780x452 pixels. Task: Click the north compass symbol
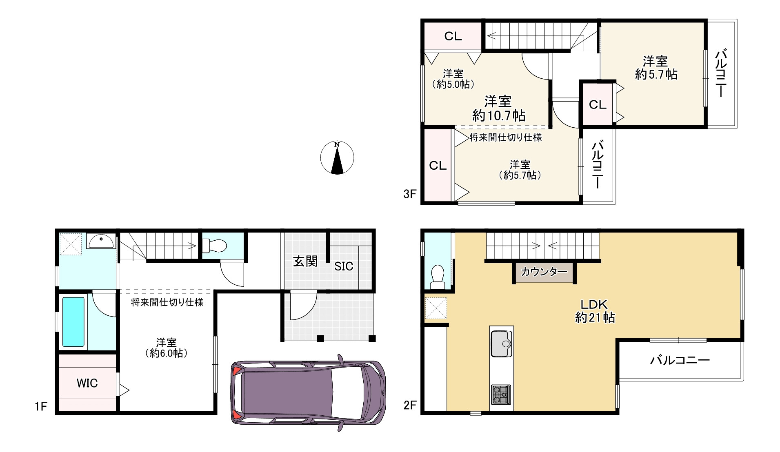tap(337, 158)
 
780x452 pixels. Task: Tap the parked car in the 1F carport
tap(308, 392)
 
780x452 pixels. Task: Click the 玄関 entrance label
tap(305, 261)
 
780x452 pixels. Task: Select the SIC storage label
tap(344, 266)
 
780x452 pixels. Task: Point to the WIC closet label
tap(87, 383)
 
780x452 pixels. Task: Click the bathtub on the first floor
tap(73, 322)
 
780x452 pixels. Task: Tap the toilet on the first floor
tap(214, 246)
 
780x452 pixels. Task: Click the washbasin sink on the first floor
tap(100, 242)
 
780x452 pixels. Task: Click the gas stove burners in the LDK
tap(501, 394)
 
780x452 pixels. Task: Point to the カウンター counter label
tap(544, 272)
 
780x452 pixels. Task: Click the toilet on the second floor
tap(438, 277)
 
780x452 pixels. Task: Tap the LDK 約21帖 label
tap(595, 311)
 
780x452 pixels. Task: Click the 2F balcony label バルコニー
tap(680, 360)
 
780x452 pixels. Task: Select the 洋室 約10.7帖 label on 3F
tap(498, 109)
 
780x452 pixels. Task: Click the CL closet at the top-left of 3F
tap(453, 36)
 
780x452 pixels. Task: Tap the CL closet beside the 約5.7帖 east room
tap(598, 105)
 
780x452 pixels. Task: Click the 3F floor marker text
tap(410, 194)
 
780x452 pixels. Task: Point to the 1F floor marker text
tap(41, 406)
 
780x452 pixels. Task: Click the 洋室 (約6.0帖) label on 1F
tap(166, 348)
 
